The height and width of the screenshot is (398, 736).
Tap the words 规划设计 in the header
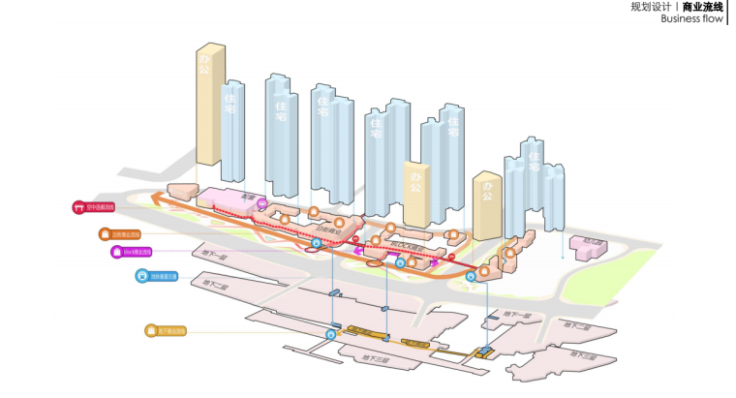[x=650, y=6]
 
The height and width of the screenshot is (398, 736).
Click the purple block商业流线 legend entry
[x=132, y=252]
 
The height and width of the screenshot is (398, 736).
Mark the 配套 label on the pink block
[x=247, y=198]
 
